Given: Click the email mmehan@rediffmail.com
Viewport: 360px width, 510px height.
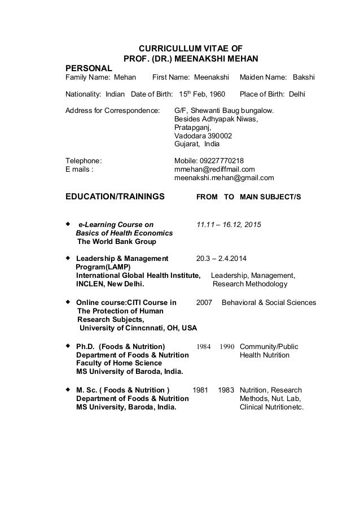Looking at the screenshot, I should (215, 169).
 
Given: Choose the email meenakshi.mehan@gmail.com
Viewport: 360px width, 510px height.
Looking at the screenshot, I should (224, 178).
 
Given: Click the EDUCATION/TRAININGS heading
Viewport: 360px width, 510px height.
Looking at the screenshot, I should (116, 197).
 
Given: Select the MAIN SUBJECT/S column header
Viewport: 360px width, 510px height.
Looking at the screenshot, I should (270, 197).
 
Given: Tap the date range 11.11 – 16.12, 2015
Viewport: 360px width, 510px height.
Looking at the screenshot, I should (229, 225).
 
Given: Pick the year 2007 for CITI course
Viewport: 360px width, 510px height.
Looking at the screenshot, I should (204, 303).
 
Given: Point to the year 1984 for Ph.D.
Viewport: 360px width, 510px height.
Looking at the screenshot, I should (204, 346).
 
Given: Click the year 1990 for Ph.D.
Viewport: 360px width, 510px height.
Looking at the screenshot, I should (226, 346).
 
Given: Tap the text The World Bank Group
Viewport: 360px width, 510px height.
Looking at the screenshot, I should (117, 242).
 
